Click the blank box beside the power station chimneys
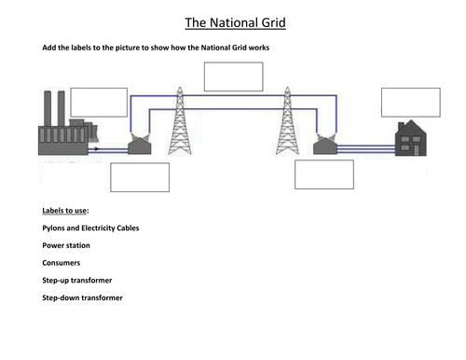coord(99,102)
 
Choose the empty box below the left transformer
coord(140,176)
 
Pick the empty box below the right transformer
coord(323,174)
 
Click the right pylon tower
coord(285,122)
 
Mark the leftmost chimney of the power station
coord(46,104)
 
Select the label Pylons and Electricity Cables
coord(98,228)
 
